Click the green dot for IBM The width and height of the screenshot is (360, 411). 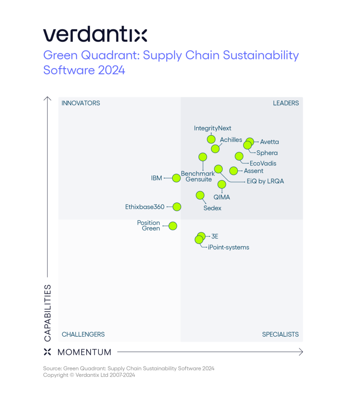pyautogui.click(x=176, y=178)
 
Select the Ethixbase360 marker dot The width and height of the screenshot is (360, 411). pyautogui.click(x=177, y=207)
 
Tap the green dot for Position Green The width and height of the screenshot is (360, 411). pyautogui.click(x=173, y=226)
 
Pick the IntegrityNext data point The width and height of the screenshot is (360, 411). pyautogui.click(x=211, y=139)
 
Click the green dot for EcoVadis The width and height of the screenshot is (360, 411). pyautogui.click(x=239, y=156)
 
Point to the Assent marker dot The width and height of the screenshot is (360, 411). pyautogui.click(x=233, y=171)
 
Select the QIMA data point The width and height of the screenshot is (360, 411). pyautogui.click(x=222, y=184)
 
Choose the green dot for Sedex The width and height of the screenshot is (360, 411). pyautogui.click(x=200, y=195)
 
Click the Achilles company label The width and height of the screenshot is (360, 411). pyautogui.click(x=231, y=140)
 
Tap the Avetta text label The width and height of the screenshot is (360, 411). pyautogui.click(x=269, y=142)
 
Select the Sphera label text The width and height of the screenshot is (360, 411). pyautogui.click(x=267, y=153)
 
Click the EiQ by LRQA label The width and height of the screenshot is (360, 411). pyautogui.click(x=265, y=181)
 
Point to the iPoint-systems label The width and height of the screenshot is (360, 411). pyautogui.click(x=229, y=247)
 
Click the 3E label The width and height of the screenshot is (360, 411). pyautogui.click(x=214, y=236)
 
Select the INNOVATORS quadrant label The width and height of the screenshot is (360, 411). pyautogui.click(x=81, y=103)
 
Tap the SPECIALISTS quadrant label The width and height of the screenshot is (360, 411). pyautogui.click(x=280, y=334)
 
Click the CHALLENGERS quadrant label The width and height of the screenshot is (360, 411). pyautogui.click(x=83, y=334)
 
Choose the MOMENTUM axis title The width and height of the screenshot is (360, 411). pyautogui.click(x=85, y=352)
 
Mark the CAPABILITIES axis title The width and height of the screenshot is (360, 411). pyautogui.click(x=47, y=313)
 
